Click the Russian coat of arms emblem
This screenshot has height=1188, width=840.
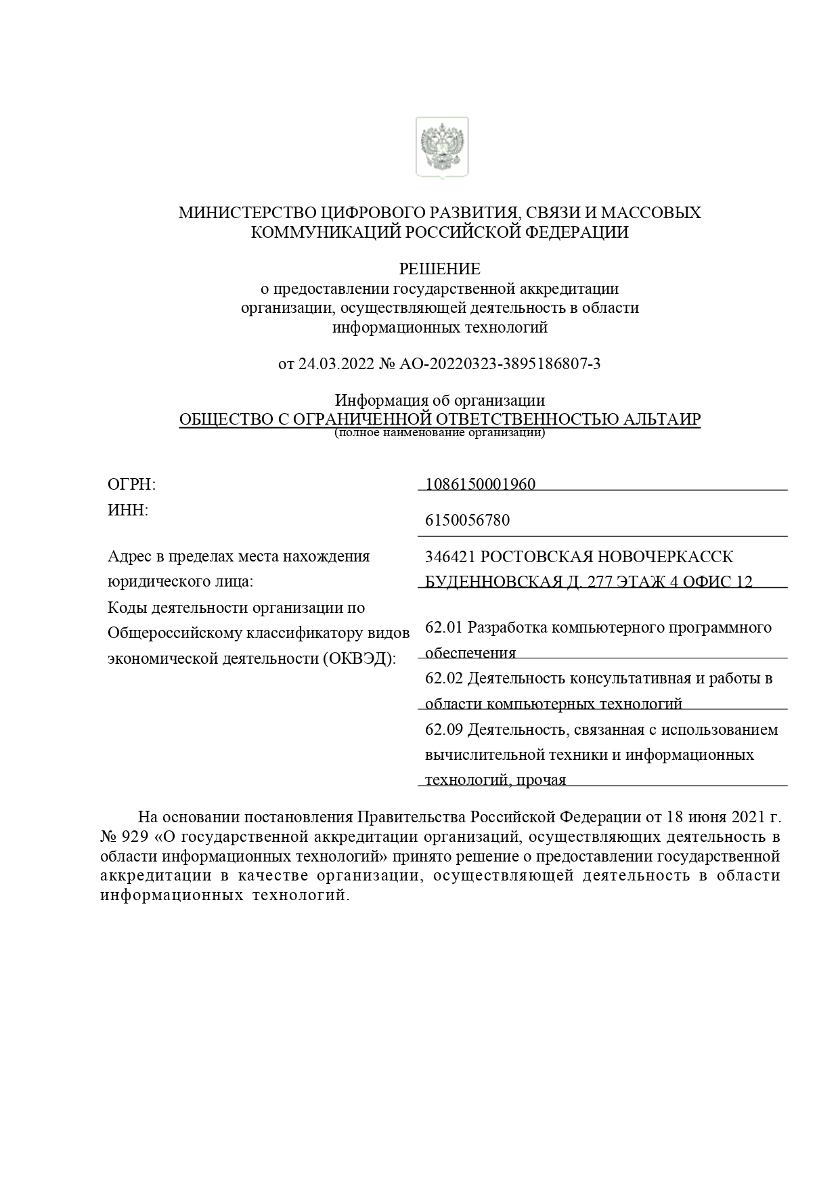[x=441, y=147]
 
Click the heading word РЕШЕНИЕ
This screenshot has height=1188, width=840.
[x=439, y=269]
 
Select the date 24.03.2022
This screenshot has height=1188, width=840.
[x=336, y=364]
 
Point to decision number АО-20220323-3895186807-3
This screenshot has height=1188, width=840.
[x=500, y=364]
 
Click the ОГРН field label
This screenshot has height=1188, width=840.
[x=131, y=484]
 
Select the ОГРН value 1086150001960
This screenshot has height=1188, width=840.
[x=481, y=484]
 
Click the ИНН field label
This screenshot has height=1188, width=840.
[x=127, y=510]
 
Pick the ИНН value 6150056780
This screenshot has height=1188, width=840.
[x=467, y=520]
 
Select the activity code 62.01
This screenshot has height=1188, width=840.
[x=443, y=627]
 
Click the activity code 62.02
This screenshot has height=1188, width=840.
[x=443, y=678]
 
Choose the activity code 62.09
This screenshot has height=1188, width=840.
[x=443, y=729]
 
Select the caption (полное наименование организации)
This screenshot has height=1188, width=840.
[x=439, y=432]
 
